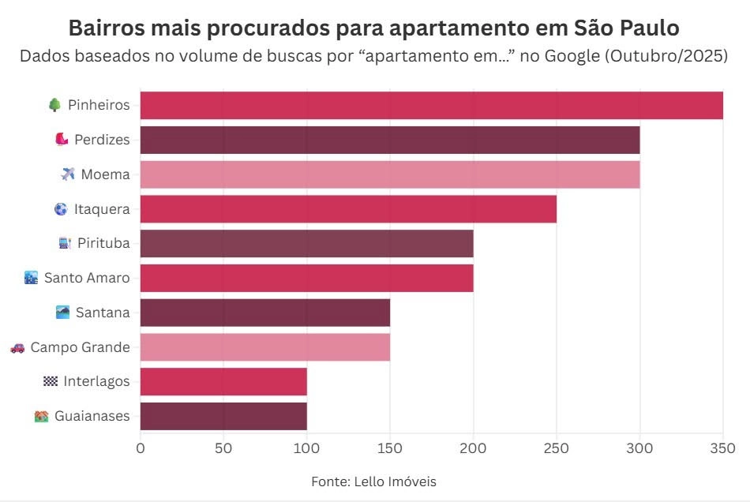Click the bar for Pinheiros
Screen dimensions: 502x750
coord(431,106)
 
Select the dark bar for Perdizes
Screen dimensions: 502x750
coord(390,140)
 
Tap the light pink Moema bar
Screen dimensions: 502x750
coord(390,174)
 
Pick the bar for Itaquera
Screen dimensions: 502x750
coord(348,209)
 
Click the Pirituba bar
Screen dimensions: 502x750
coord(306,244)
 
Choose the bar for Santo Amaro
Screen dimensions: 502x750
coord(306,279)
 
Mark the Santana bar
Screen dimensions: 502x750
coord(265,313)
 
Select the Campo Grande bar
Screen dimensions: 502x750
coord(265,347)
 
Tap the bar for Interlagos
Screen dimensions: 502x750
coord(223,382)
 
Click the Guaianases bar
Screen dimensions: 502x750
coord(223,416)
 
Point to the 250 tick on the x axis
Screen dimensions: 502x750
coord(557,448)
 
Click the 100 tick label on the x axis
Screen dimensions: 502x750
coord(306,448)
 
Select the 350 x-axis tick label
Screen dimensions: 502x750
coord(722,448)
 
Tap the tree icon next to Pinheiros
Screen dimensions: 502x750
coord(54,105)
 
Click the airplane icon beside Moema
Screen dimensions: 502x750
coord(67,174)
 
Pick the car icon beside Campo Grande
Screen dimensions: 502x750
coord(17,347)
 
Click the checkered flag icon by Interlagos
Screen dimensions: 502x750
coord(51,382)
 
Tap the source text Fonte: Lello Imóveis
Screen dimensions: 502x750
coord(373,481)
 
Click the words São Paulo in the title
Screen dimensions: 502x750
coord(623,28)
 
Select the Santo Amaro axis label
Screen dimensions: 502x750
coord(87,279)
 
